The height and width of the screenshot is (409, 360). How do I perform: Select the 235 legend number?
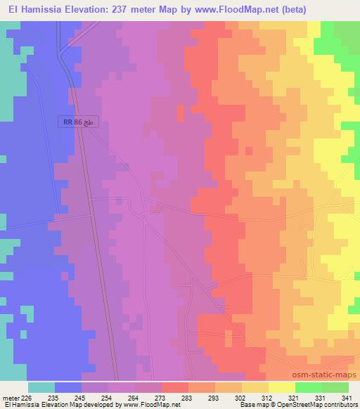54,398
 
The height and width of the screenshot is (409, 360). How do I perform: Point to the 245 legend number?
81,398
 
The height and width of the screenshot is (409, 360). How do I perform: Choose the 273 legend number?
161,398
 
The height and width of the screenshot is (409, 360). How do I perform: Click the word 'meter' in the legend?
10,398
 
